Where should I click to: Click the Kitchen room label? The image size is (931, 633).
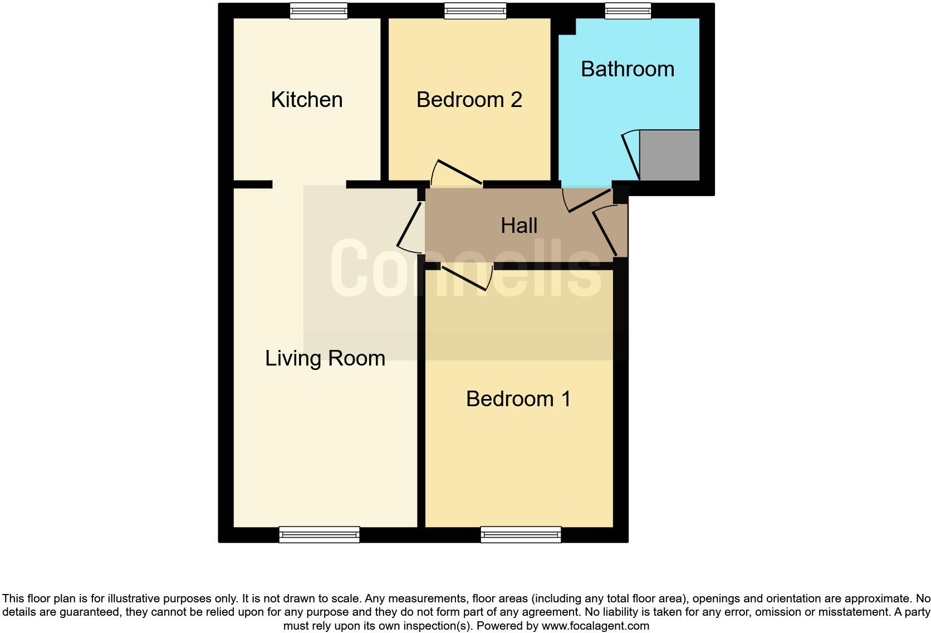(307, 100)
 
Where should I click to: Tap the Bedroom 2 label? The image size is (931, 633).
(469, 100)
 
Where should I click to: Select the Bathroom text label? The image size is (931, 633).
(628, 69)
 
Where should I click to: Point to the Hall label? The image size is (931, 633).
(519, 226)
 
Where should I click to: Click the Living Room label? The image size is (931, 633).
(325, 358)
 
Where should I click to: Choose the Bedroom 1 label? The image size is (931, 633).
(518, 399)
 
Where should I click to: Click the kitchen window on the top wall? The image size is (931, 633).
(318, 11)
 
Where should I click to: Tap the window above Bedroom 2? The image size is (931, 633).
(476, 11)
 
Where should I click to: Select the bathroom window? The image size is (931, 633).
(628, 11)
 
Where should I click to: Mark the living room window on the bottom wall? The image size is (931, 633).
(319, 535)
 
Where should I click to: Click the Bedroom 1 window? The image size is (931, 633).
(521, 535)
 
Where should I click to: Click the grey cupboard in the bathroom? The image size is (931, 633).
(669, 155)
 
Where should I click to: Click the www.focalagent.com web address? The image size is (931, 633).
(595, 626)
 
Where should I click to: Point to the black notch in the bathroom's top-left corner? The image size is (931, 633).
(567, 26)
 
